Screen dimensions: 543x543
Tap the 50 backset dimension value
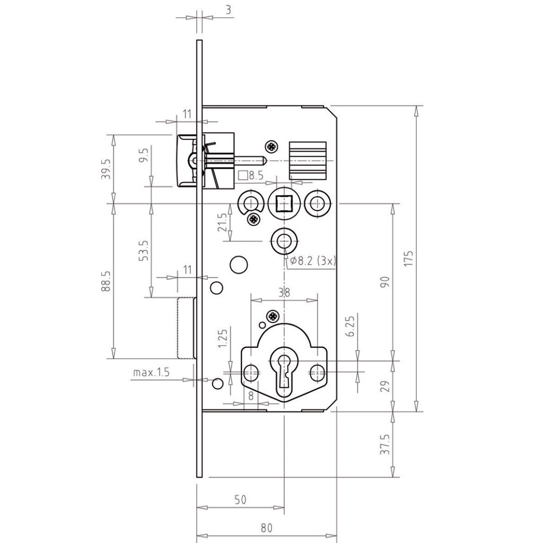240,500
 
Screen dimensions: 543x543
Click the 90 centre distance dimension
386,281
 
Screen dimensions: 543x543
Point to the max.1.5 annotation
151,373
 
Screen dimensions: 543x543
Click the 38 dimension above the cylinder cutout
285,291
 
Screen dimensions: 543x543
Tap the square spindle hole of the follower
285,203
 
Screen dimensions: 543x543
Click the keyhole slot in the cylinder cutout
285,369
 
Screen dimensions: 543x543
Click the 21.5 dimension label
223,223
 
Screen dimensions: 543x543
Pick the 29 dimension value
386,386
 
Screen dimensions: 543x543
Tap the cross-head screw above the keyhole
273,316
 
